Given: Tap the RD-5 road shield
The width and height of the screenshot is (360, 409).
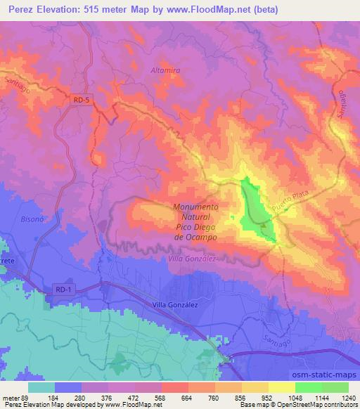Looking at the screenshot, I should pyautogui.click(x=82, y=100).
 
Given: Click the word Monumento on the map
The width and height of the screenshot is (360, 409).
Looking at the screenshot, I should pyautogui.click(x=195, y=207).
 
